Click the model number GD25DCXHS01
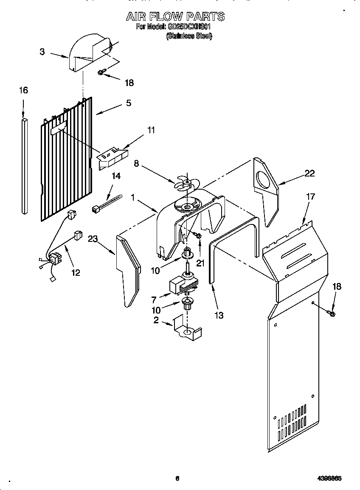pyautogui.click(x=191, y=27)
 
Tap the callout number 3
pyautogui.click(x=42, y=52)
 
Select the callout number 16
pyautogui.click(x=24, y=90)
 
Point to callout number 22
pyautogui.click(x=309, y=173)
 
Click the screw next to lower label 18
pyautogui.click(x=332, y=314)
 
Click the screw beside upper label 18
pyautogui.click(x=101, y=73)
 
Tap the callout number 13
pyautogui.click(x=219, y=315)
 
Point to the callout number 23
pyautogui.click(x=93, y=239)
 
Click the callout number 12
pyautogui.click(x=76, y=272)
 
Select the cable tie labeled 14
pyautogui.click(x=106, y=202)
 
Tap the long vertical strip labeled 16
pyautogui.click(x=24, y=165)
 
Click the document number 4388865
pyautogui.click(x=329, y=478)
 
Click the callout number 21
pyautogui.click(x=200, y=263)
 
